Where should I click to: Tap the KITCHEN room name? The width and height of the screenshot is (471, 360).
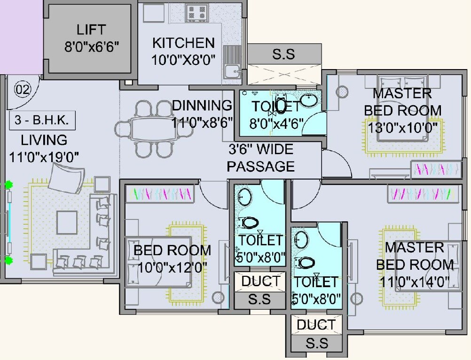(x=183, y=43)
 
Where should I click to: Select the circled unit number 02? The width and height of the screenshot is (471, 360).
(x=22, y=89)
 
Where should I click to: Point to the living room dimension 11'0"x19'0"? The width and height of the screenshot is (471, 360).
(x=44, y=156)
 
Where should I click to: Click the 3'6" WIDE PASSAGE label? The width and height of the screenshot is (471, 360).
(x=261, y=158)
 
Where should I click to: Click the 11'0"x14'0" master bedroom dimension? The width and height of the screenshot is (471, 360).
(x=414, y=282)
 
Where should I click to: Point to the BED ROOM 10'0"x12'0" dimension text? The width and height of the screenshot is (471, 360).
(x=173, y=268)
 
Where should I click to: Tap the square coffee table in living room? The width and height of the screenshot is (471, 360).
(x=67, y=222)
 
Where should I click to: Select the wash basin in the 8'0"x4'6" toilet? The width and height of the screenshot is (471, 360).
(x=309, y=101)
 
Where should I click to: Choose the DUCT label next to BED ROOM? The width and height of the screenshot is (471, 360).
(x=260, y=282)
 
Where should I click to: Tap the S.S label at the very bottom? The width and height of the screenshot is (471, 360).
(x=316, y=343)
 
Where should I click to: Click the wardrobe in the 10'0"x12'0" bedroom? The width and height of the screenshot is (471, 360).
(x=160, y=194)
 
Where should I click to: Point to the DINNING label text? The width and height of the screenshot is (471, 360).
(x=202, y=106)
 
